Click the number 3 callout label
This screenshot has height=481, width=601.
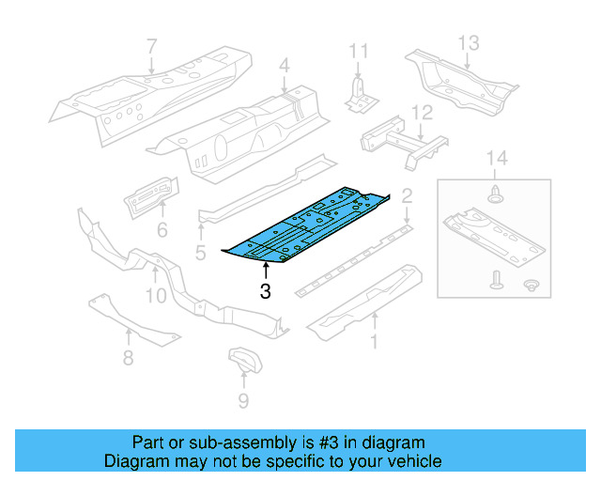coord(265,293)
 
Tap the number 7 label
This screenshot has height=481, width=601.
coord(152,44)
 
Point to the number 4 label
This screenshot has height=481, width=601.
coord(285,66)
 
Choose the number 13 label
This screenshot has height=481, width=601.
coord(469,42)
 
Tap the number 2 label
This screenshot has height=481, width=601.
coord(407,196)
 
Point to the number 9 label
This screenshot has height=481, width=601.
coord(243,402)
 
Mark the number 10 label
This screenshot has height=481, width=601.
coord(155,296)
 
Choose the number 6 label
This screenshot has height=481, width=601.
coord(162,229)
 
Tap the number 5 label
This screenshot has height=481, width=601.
coord(200,252)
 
